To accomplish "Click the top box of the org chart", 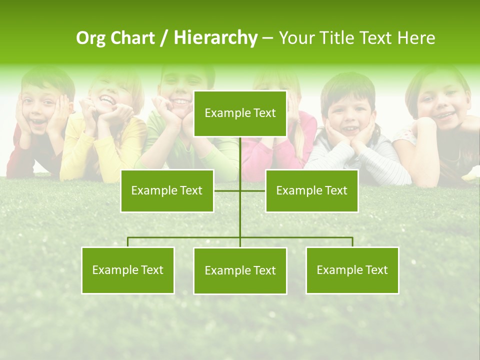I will pyautogui.click(x=240, y=113).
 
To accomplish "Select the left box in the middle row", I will pyautogui.click(x=167, y=190).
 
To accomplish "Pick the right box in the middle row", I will pyautogui.click(x=311, y=190).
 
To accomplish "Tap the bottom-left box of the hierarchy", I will pyautogui.click(x=128, y=270).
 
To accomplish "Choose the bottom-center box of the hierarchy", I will pyautogui.click(x=240, y=270).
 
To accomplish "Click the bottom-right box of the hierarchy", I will pyautogui.click(x=352, y=270).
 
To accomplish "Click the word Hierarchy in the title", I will pyautogui.click(x=215, y=38).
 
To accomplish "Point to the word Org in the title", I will pyautogui.click(x=90, y=38).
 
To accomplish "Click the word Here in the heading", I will pyautogui.click(x=416, y=38).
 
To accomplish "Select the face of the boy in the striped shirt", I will pyautogui.click(x=348, y=115).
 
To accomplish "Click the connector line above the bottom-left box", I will pyautogui.click(x=128, y=241).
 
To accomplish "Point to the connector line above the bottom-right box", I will pyautogui.click(x=352, y=241).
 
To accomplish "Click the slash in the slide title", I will pyautogui.click(x=164, y=38).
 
